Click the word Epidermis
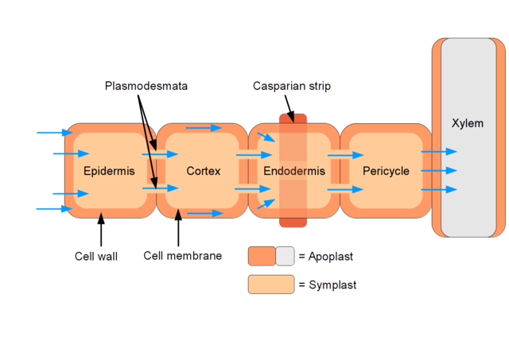click(x=109, y=171)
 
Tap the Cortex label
click(x=203, y=171)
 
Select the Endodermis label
click(x=291, y=171)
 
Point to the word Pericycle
click(x=386, y=171)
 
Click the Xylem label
click(x=467, y=123)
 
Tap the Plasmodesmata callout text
click(x=146, y=86)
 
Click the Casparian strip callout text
click(x=292, y=86)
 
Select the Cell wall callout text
click(x=95, y=256)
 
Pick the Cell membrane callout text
click(x=183, y=256)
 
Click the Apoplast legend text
click(x=330, y=256)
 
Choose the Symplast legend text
click(x=332, y=285)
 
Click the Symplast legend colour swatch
click(x=270, y=285)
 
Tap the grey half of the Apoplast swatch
click(x=285, y=256)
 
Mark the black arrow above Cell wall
click(x=101, y=230)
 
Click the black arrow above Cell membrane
click(x=178, y=230)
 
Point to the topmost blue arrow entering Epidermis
click(x=53, y=133)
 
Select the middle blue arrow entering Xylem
click(x=439, y=170)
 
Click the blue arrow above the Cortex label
click(x=204, y=127)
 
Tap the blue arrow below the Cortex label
click(x=205, y=213)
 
